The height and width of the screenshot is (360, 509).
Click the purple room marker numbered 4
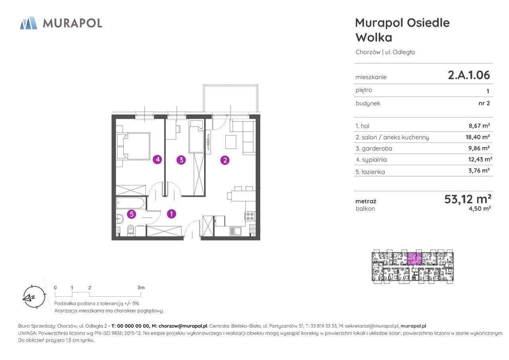point(157,160)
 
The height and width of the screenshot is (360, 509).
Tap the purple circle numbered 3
point(181,160)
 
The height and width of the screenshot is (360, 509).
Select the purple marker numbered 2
point(225,160)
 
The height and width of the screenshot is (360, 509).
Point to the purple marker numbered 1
point(171,214)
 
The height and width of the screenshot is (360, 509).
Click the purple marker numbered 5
point(132,214)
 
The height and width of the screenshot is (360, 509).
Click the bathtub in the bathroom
point(130,203)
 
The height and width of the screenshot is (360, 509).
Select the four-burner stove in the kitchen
point(250,216)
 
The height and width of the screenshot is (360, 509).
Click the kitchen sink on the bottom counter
point(236,231)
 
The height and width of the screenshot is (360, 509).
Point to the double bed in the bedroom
point(134,146)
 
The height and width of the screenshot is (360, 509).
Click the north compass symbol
point(34,297)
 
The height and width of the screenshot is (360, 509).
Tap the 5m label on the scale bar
point(141,288)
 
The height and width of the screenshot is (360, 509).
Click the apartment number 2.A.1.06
point(469,75)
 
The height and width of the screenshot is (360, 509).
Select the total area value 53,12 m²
point(468,199)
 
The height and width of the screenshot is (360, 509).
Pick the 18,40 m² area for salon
point(478,137)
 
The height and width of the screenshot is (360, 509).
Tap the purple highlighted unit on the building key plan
point(414,259)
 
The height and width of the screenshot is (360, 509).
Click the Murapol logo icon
point(29,23)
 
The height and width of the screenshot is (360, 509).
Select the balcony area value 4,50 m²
point(480,208)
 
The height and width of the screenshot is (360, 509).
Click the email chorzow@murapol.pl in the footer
point(183,326)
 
